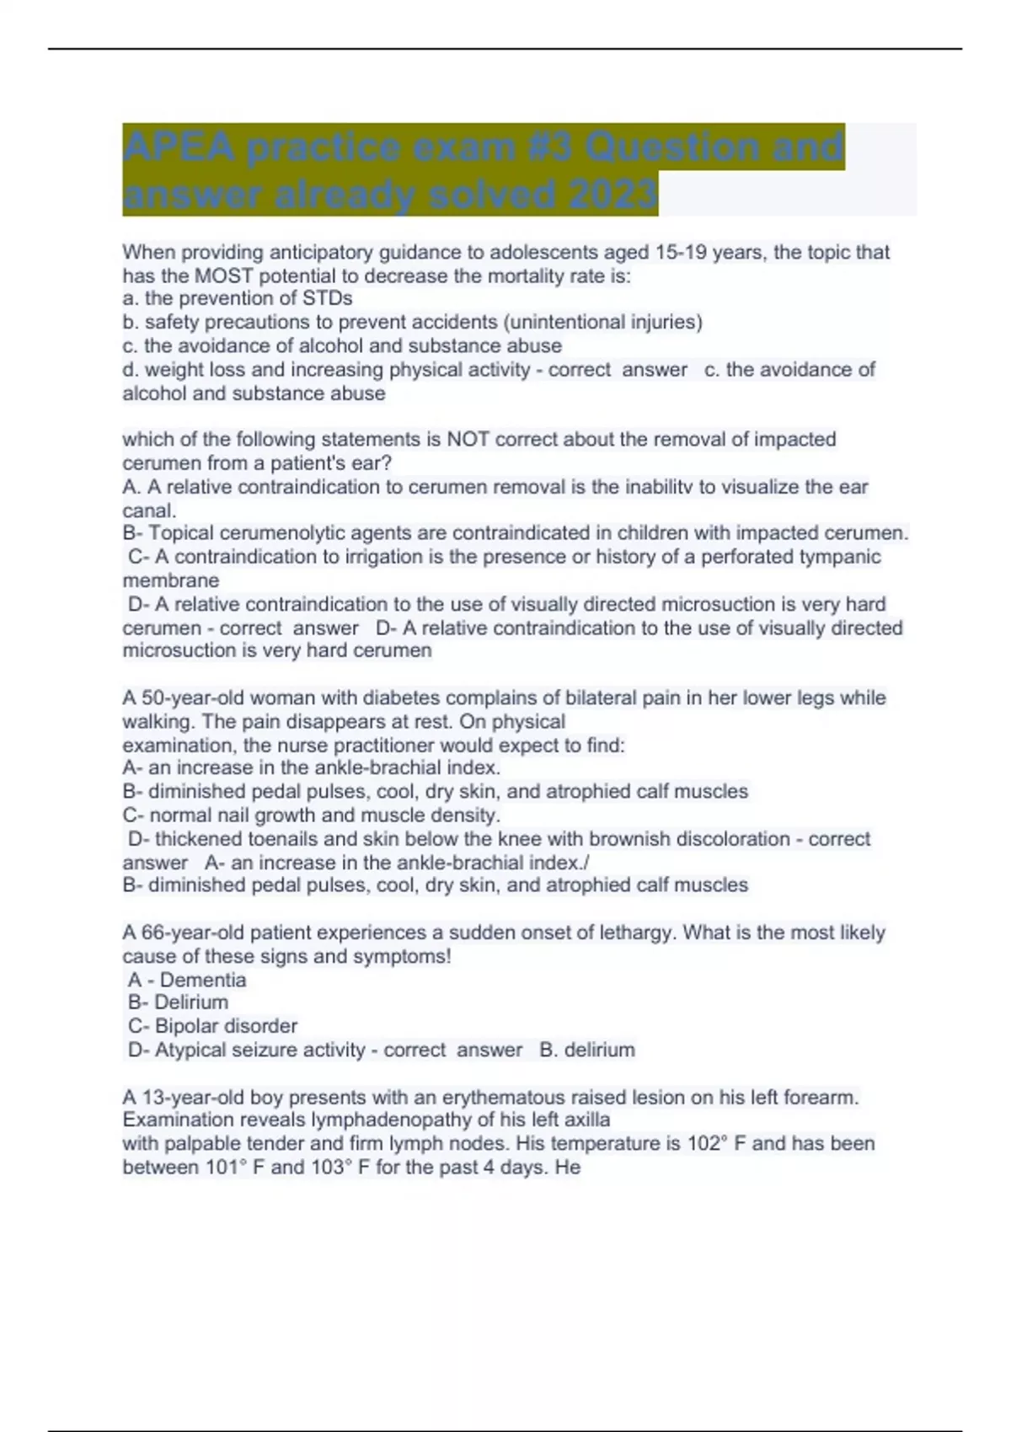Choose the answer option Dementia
[203, 980]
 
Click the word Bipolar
[184, 1026]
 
